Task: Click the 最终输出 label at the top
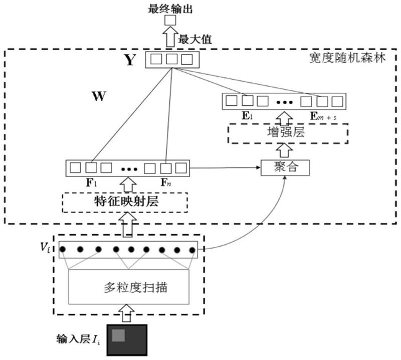tap(171, 7)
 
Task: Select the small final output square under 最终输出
tap(171, 21)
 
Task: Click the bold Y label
tap(129, 60)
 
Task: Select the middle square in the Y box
tap(171, 59)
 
